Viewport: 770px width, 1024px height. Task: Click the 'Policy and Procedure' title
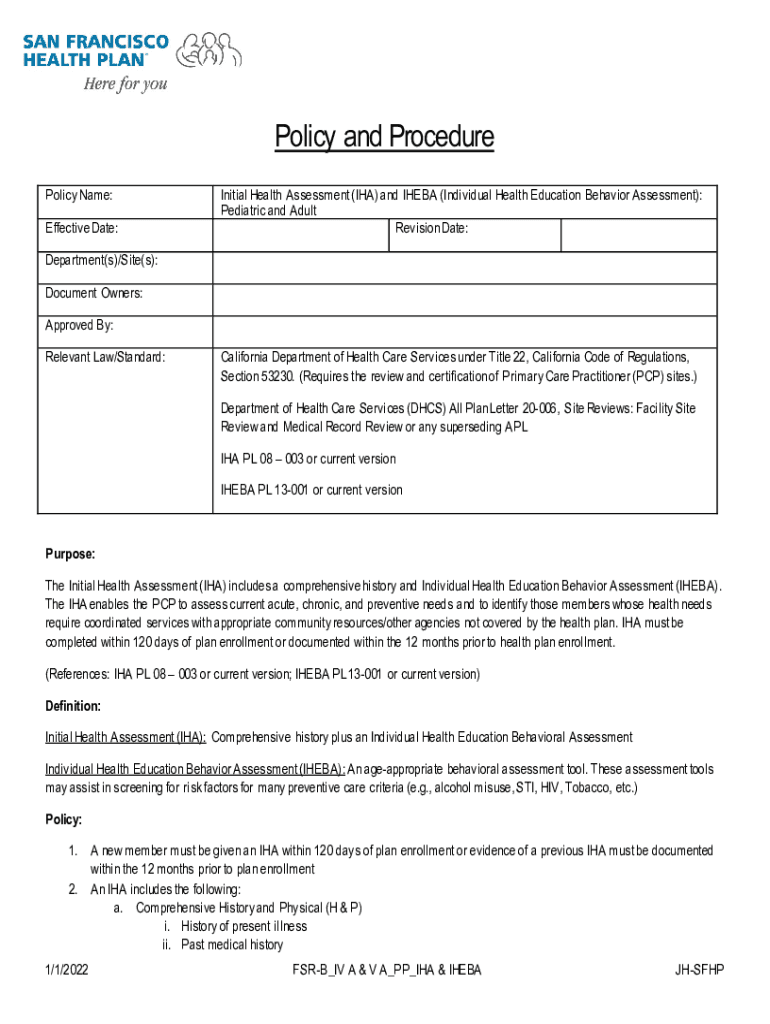pos(384,138)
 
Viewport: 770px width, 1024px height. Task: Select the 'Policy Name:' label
pos(78,195)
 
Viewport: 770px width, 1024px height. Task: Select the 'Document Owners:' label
pos(94,293)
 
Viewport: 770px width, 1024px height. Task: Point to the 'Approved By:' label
pos(79,325)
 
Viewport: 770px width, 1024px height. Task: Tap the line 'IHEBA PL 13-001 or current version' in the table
pos(311,490)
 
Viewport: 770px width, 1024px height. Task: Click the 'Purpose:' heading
pos(70,554)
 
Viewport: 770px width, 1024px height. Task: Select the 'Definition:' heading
pos(73,706)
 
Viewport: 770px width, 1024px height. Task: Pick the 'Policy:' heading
pos(63,820)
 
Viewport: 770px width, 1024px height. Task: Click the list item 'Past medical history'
pos(232,945)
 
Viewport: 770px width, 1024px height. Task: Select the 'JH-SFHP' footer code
pos(700,970)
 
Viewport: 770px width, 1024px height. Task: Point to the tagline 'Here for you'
pos(124,84)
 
